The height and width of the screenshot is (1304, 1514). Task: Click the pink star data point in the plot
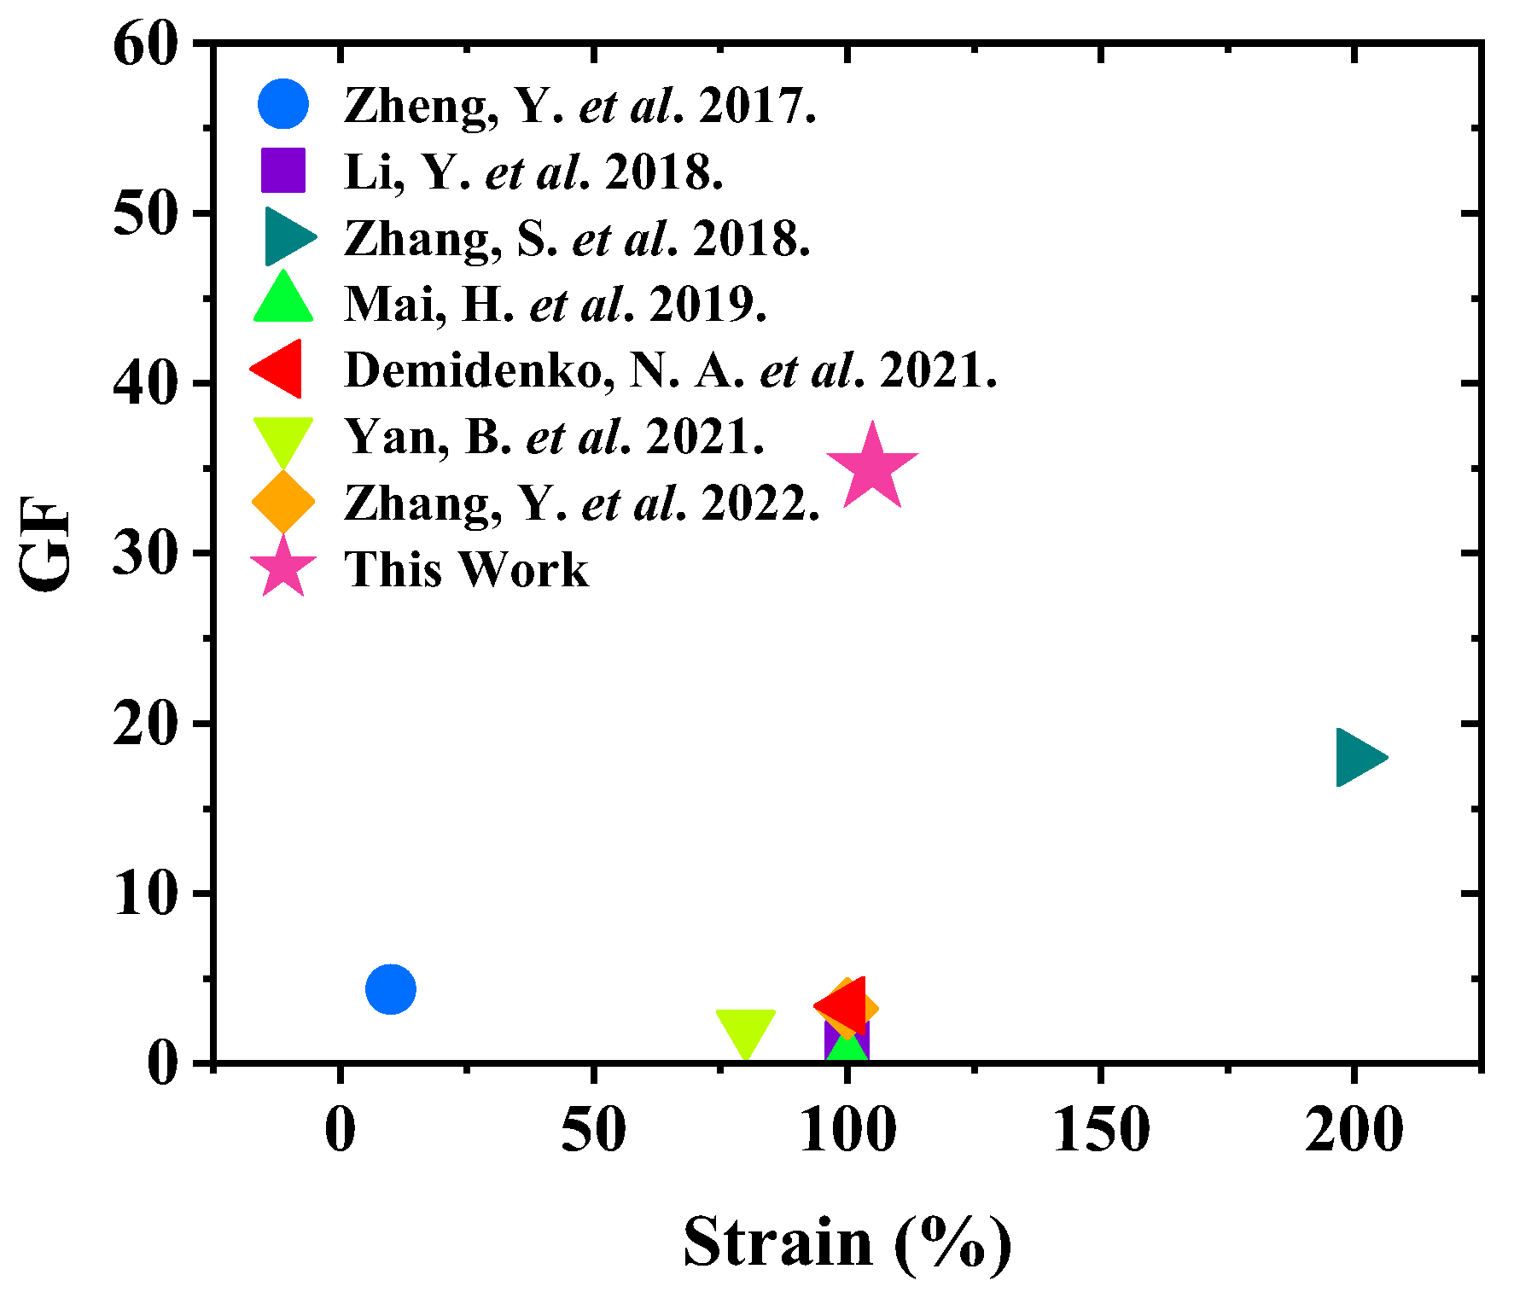(x=871, y=468)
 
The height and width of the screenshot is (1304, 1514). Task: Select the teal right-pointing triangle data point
(x=1358, y=757)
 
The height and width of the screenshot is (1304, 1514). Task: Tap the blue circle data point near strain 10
(x=390, y=989)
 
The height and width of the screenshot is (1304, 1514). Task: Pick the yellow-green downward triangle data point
(x=745, y=1030)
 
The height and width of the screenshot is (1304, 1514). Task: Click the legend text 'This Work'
(x=466, y=569)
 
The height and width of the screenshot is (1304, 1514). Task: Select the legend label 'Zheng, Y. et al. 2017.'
(x=579, y=106)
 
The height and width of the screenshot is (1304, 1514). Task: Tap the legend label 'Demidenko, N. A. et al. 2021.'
(x=670, y=370)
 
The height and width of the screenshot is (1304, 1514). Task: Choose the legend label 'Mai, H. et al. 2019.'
(x=555, y=305)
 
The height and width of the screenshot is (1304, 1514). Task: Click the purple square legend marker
(x=283, y=170)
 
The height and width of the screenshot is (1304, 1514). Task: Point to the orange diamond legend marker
(x=283, y=502)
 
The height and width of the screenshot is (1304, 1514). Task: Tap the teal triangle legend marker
(x=288, y=236)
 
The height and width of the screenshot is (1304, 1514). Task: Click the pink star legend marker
(x=283, y=568)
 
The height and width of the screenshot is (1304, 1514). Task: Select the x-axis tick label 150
(x=1101, y=1130)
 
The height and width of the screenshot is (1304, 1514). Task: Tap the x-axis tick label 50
(x=593, y=1130)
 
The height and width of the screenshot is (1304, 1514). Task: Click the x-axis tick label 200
(x=1354, y=1130)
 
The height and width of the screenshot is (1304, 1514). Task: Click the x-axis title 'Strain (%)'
(x=847, y=1243)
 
